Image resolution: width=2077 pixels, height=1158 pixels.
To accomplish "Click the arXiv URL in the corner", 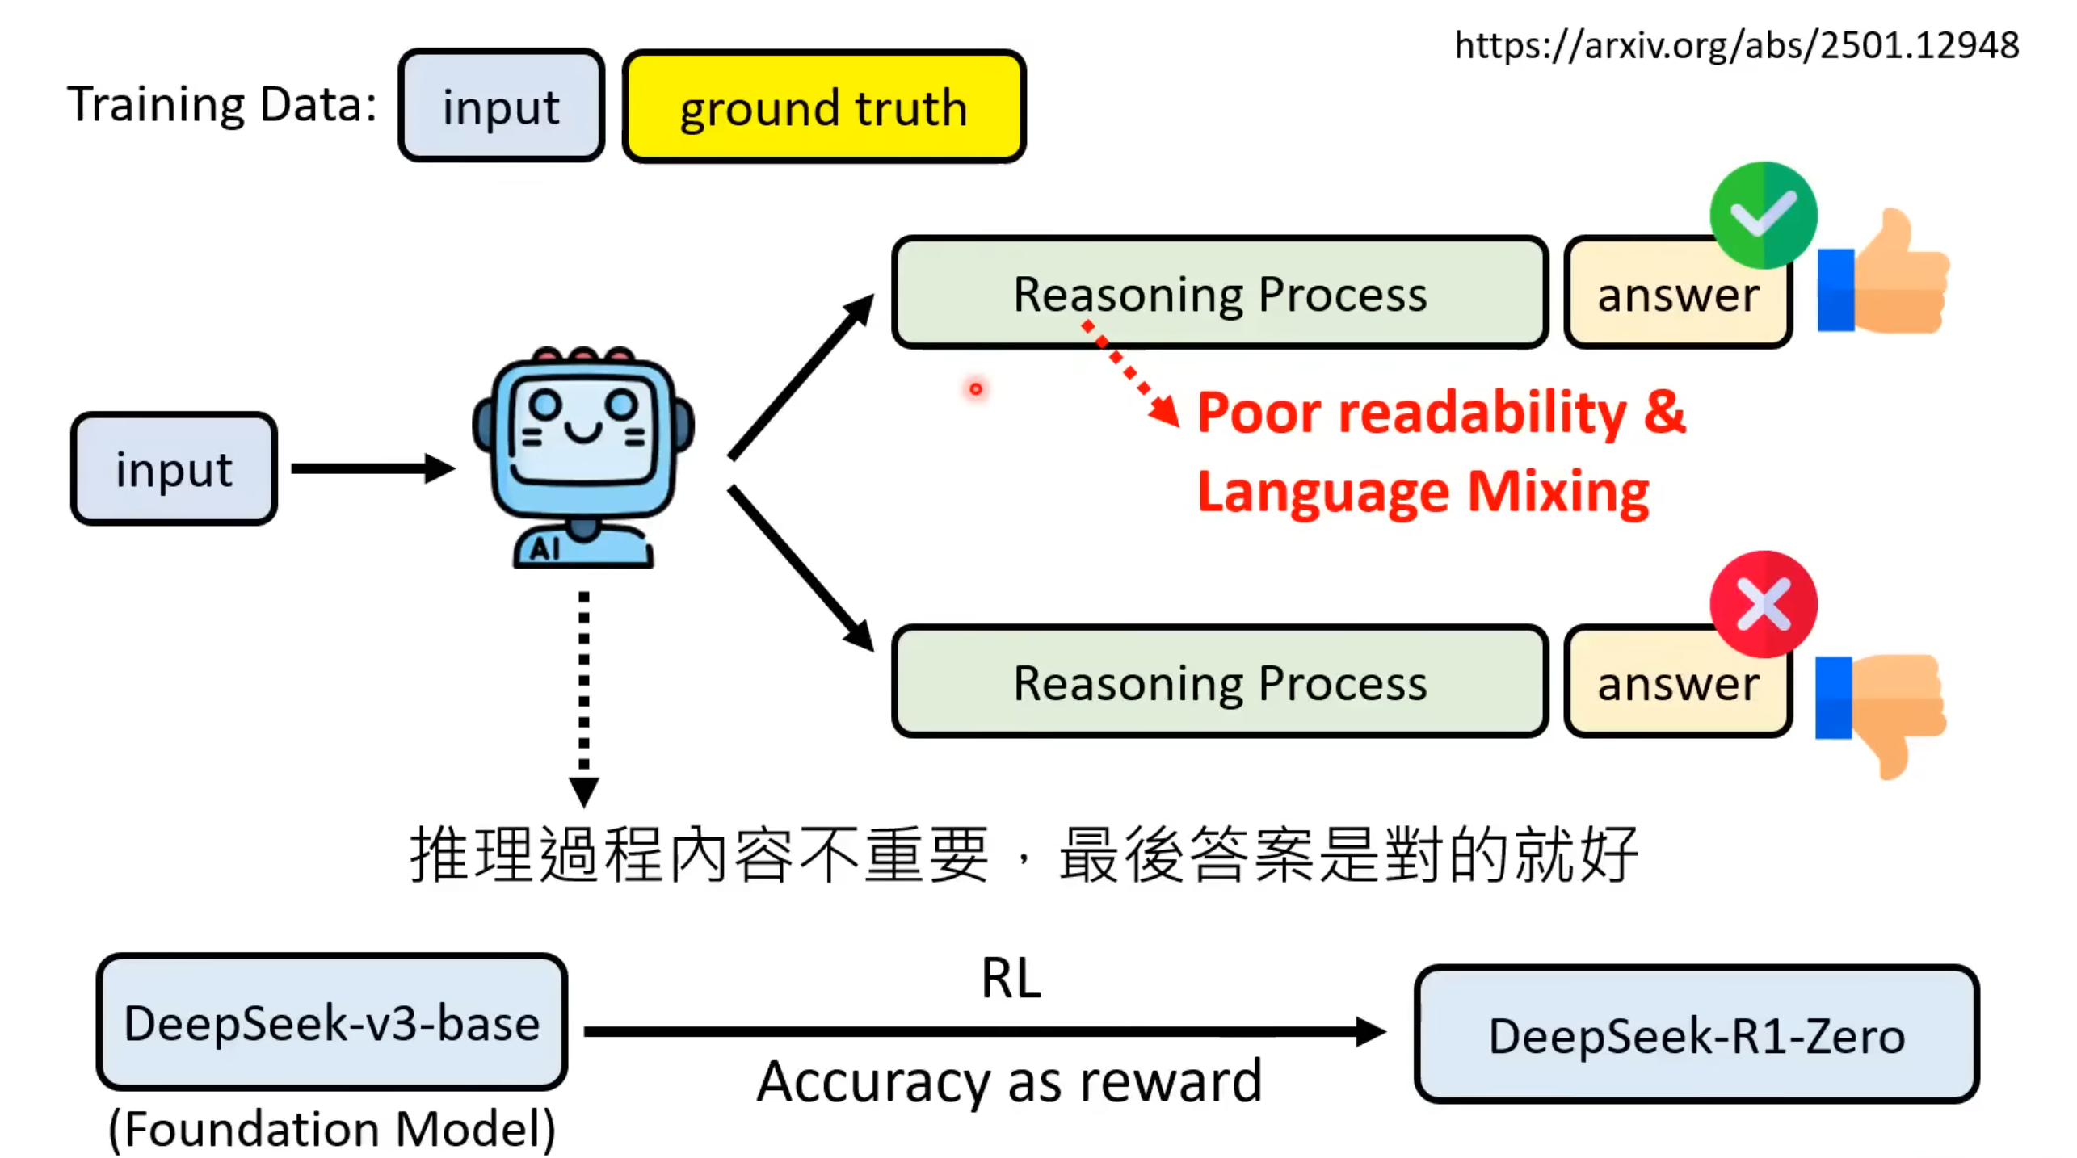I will coord(1736,45).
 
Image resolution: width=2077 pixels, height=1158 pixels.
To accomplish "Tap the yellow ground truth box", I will coord(823,107).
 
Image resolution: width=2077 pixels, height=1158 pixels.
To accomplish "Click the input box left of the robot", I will coord(174,469).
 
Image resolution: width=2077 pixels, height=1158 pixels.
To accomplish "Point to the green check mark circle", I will coord(1763,215).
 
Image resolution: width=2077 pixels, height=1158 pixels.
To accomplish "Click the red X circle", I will coord(1763,604).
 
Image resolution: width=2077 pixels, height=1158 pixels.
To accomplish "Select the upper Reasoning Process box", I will coord(1219,293).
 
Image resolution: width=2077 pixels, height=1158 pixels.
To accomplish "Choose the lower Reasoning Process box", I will coord(1219,682).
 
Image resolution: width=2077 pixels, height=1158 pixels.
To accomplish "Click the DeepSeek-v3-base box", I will coord(331,1022).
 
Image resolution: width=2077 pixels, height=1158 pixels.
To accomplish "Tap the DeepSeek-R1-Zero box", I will coord(1696,1034).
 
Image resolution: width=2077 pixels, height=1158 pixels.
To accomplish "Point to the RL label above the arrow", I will coord(1011,978).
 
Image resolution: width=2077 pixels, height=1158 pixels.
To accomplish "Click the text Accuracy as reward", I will coord(1009,1081).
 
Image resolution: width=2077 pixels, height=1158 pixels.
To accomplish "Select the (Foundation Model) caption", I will coord(331,1128).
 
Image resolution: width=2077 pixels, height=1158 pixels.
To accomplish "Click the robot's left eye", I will coord(545,403).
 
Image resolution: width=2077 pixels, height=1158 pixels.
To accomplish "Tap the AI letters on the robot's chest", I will coord(545,549).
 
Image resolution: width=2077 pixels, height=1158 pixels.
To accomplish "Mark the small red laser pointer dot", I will coord(976,389).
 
